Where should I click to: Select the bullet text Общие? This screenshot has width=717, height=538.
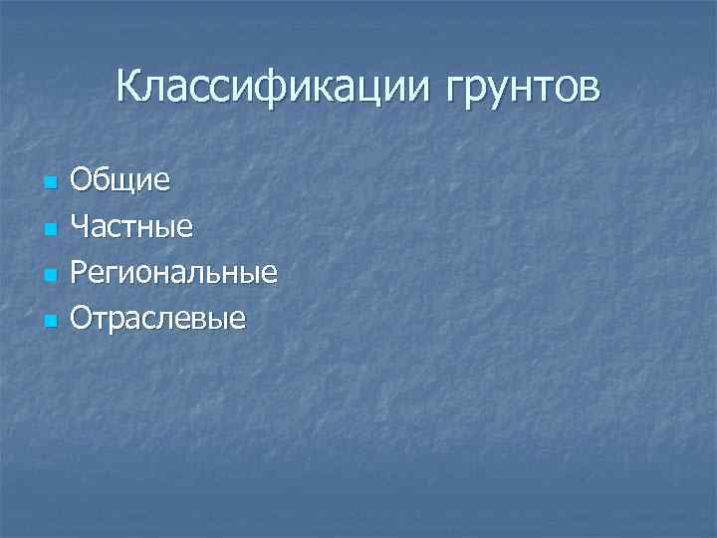(119, 181)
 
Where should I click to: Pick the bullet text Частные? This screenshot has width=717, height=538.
(131, 227)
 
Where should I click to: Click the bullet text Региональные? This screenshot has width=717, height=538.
(173, 273)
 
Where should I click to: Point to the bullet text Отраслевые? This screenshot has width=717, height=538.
(157, 319)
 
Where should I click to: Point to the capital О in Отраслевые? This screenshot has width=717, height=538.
(82, 318)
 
